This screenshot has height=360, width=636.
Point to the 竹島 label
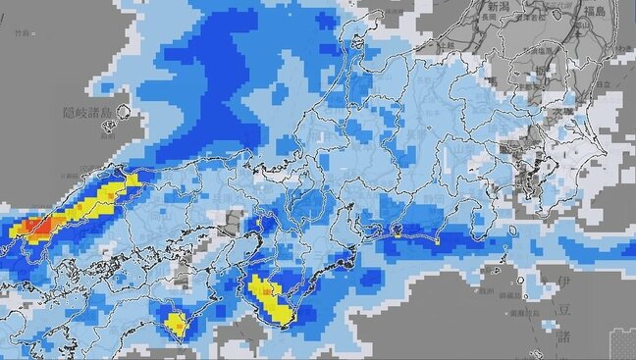click(x=24, y=32)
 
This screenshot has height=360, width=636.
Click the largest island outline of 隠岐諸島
click(x=124, y=116)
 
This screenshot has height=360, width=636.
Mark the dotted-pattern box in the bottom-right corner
click(x=621, y=344)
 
